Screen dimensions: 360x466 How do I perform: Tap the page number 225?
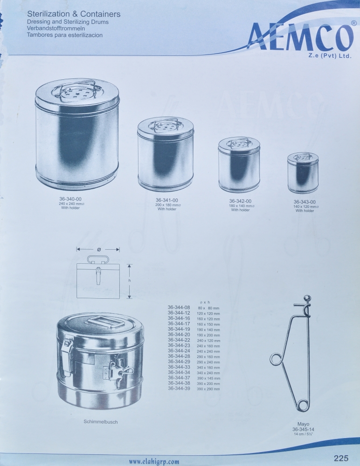coord(341,458)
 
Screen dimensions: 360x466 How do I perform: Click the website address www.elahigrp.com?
coord(154,461)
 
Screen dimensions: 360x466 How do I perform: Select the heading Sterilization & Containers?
coord(74,14)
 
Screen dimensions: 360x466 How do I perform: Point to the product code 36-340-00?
coord(70,199)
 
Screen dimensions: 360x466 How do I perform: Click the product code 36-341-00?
coord(167,200)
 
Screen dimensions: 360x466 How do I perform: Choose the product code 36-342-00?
coord(241,201)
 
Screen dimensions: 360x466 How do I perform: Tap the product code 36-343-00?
coord(305,202)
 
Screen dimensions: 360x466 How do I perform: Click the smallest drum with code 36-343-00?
coord(303,173)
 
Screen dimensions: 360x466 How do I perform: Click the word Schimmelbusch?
coord(101,422)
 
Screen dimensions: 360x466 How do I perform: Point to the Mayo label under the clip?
coord(303,424)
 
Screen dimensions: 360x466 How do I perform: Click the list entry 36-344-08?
coord(179,307)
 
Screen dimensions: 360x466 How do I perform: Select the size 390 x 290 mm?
coord(208,389)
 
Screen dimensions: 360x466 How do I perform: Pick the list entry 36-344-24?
coord(179,351)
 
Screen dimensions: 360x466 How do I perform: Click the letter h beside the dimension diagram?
coord(130,281)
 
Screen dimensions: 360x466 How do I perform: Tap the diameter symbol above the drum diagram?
coord(98,249)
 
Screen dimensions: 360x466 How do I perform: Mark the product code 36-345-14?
coord(303,429)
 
